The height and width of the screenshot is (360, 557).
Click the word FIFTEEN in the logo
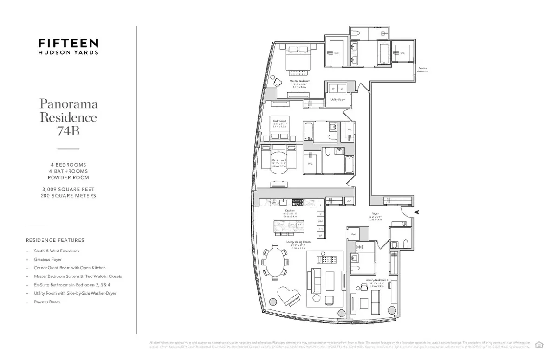click(68, 43)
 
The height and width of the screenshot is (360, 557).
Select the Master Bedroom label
click(299, 81)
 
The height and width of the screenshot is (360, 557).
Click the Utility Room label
click(337, 99)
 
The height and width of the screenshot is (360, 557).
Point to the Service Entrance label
click(422, 70)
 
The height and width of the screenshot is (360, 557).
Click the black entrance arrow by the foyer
click(416, 212)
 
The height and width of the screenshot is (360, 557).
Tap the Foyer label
click(375, 214)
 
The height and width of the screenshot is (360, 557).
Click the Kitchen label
click(290, 210)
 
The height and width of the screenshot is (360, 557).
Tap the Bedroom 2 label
click(279, 120)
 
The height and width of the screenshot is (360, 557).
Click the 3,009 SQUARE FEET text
click(68, 189)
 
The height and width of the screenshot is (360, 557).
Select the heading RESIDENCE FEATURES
click(55, 240)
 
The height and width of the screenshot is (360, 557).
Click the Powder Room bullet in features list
click(47, 302)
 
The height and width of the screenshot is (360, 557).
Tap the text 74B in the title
click(68, 131)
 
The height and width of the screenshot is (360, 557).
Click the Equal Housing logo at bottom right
click(539, 344)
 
